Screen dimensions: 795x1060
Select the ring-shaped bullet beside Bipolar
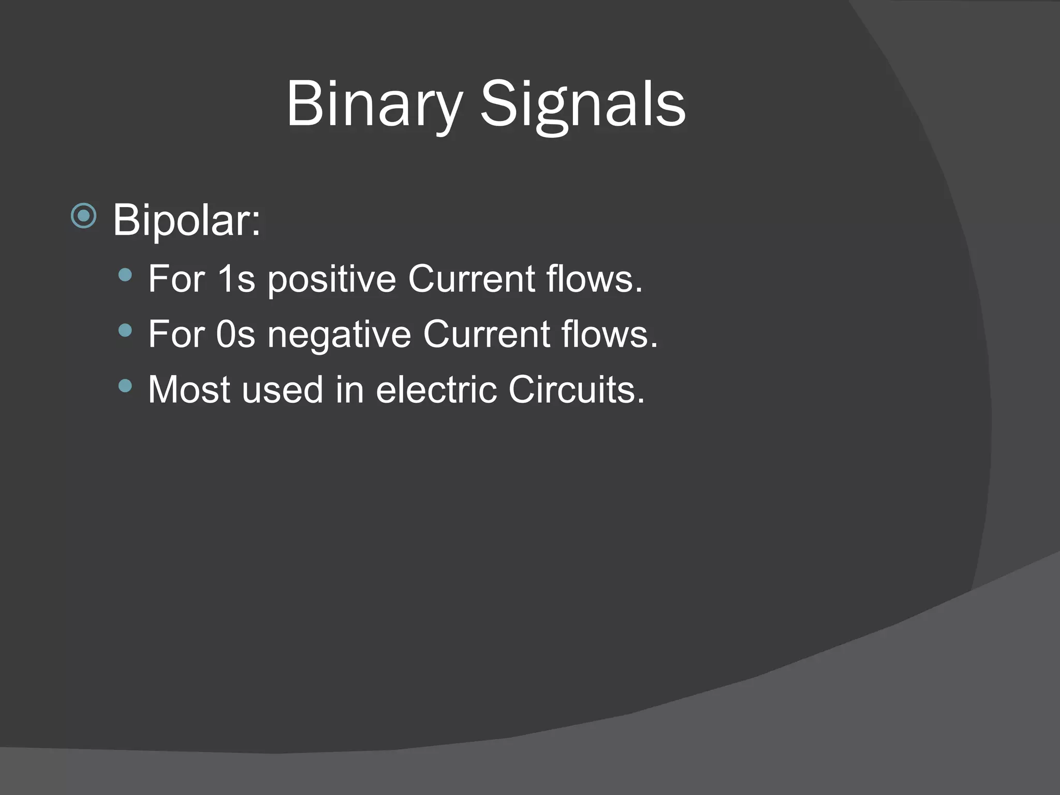pos(84,216)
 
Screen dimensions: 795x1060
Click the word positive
pos(331,279)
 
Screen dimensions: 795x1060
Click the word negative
pos(338,335)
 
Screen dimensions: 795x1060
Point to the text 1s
pos(236,279)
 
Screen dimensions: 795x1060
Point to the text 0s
pos(236,335)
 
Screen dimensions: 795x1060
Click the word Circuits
pos(576,390)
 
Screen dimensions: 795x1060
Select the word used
pos(283,390)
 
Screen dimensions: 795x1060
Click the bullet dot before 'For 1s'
pos(125,275)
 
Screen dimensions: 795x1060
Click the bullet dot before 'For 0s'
pos(125,330)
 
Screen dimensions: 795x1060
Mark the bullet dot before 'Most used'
pos(125,385)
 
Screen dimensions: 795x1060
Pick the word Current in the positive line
pos(471,279)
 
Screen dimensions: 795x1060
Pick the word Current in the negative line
pos(486,335)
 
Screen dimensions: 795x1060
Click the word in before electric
pos(349,390)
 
